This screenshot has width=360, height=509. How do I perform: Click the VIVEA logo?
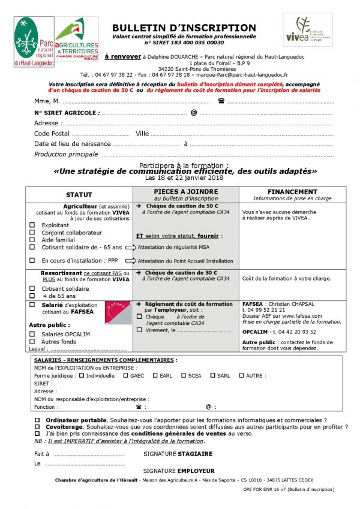click(307, 29)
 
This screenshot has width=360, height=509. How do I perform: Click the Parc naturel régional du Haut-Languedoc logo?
click(34, 41)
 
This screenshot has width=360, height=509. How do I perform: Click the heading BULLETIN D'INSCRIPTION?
click(184, 28)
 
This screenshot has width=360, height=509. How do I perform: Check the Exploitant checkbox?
click(32, 225)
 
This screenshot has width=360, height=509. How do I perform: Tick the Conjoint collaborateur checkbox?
click(32, 233)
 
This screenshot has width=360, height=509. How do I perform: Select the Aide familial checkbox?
click(32, 240)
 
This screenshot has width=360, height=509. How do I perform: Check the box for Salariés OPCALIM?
click(32, 334)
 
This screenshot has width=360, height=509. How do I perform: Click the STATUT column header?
click(79, 195)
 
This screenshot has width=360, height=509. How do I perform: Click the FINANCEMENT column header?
click(292, 192)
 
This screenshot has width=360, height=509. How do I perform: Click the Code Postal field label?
click(52, 134)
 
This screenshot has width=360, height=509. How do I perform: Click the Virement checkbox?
click(140, 330)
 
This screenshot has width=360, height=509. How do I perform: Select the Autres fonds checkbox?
click(32, 341)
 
